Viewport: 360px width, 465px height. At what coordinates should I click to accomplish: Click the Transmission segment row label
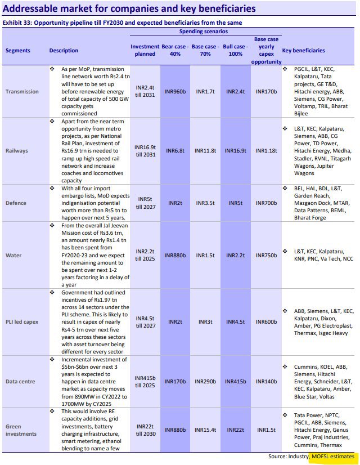pos(22,91)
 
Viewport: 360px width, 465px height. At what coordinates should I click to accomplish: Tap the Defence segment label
pos(17,202)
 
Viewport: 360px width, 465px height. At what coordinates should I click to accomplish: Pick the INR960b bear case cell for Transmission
pos(175,91)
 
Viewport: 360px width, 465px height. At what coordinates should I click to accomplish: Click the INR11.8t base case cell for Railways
pos(205,151)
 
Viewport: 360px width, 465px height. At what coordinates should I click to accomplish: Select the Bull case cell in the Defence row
pos(235,202)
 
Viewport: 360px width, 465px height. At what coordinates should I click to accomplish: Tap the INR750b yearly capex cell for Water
pos(267,255)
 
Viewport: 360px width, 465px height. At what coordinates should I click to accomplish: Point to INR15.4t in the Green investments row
pos(205,430)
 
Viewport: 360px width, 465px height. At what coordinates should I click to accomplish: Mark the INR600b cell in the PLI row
pos(267,322)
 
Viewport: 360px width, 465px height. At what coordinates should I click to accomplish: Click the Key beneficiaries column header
pos(303,50)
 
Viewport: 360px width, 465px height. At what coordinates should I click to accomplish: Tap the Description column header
pos(64,50)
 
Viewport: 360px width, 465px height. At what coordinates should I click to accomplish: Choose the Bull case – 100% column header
pos(235,50)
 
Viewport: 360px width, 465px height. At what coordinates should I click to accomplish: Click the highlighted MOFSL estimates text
pos(333,456)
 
